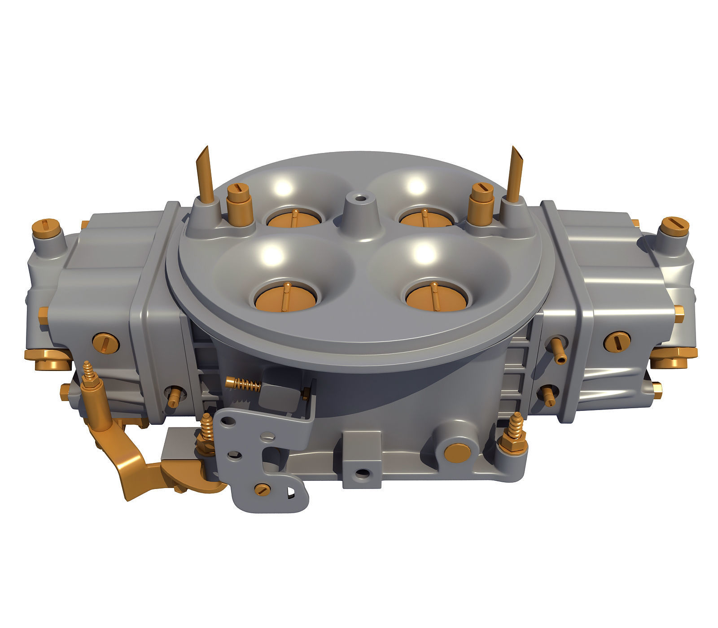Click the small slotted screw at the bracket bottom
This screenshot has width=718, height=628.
pos(261,489)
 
